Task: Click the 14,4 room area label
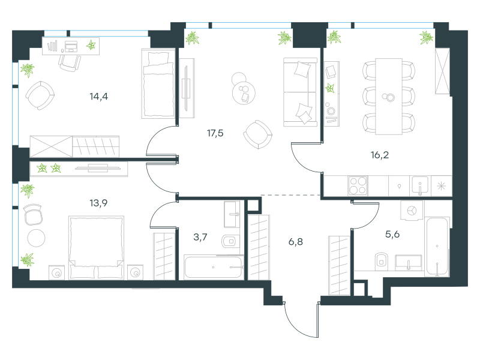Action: [98, 97]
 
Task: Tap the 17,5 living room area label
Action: [215, 133]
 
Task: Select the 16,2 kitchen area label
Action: [380, 155]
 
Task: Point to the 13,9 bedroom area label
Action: [98, 203]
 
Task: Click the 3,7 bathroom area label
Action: [200, 237]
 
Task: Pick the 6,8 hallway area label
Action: [296, 242]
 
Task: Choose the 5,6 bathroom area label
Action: [392, 235]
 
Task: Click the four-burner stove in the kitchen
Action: [358, 185]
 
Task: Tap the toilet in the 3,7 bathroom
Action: [230, 242]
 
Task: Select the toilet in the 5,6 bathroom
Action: [382, 261]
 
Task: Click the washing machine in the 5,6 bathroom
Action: [412, 211]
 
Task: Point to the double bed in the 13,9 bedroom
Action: [96, 248]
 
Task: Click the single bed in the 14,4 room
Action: [158, 83]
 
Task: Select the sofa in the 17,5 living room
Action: [300, 92]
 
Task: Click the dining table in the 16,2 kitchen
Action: [389, 97]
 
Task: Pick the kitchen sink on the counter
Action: [420, 185]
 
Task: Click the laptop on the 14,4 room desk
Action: [71, 47]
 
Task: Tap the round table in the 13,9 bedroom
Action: [36, 238]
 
